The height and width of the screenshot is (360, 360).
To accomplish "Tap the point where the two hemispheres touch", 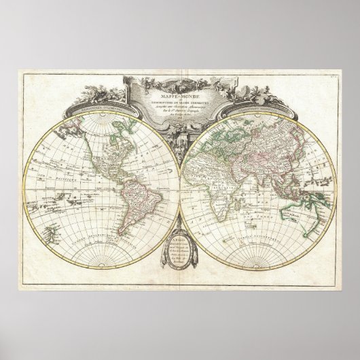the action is tap(179, 186).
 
